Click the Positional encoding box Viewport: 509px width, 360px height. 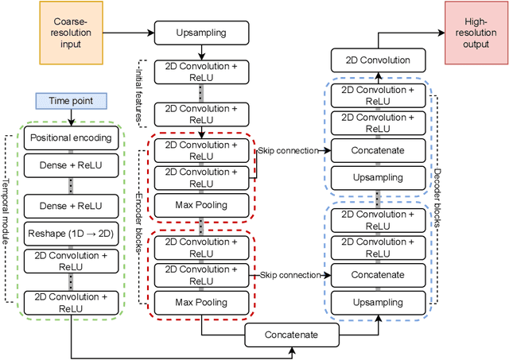coord(71,138)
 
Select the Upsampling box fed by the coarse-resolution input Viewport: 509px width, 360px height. coord(200,34)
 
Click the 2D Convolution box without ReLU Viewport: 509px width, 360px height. coord(380,60)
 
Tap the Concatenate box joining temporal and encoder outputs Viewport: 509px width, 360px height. coord(292,335)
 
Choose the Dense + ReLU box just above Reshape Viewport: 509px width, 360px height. coord(71,205)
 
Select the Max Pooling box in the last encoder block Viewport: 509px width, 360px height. coord(200,302)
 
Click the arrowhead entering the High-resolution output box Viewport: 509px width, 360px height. coord(442,33)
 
